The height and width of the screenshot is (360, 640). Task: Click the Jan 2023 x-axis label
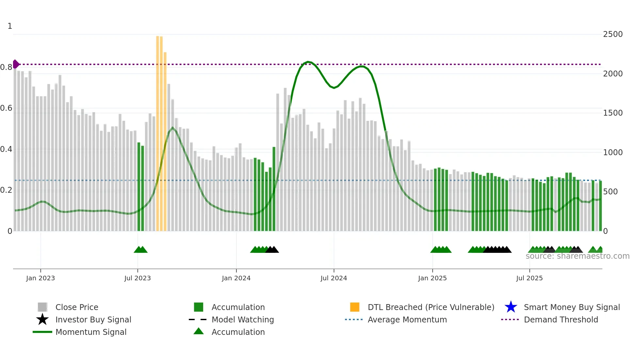[40, 278]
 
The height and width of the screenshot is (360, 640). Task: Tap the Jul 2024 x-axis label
[334, 278]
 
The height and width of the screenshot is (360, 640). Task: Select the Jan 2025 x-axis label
[432, 278]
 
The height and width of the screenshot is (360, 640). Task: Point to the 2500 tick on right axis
[613, 34]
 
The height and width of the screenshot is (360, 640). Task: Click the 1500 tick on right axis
[613, 113]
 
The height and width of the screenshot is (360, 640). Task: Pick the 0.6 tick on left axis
[6, 108]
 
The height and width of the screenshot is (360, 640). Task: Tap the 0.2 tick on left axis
[6, 190]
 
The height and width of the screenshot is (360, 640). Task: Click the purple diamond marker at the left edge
[16, 64]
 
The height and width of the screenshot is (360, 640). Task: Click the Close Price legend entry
[77, 307]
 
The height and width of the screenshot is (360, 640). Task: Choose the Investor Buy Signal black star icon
[42, 319]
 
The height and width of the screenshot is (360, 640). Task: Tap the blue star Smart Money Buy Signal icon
[511, 307]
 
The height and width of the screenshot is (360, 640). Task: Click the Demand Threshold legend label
[561, 320]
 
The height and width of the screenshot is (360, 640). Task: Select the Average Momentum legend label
[407, 320]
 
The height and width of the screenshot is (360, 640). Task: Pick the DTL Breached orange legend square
[355, 307]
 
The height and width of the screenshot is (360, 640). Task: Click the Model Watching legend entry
[243, 320]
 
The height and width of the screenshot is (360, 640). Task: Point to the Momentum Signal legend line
[42, 332]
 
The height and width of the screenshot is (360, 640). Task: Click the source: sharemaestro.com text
[577, 256]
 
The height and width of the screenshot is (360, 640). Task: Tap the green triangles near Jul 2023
[141, 250]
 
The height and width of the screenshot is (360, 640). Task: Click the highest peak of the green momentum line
[308, 62]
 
